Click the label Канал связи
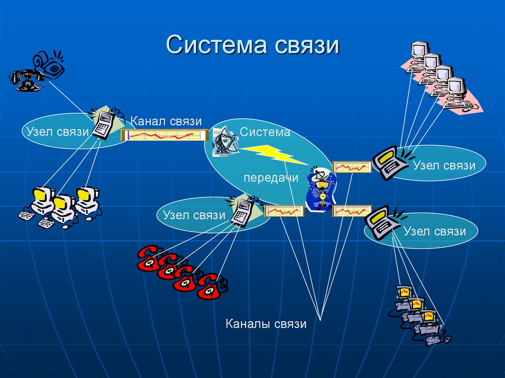[x=166, y=121]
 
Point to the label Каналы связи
[x=266, y=324]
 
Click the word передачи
[x=271, y=178]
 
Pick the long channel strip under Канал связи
[x=165, y=135]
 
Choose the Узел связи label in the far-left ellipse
[x=58, y=131]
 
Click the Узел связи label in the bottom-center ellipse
[x=194, y=215]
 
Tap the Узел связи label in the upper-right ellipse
[x=444, y=165]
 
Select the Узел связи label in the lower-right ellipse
[x=434, y=232]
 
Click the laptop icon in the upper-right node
[x=390, y=160]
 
